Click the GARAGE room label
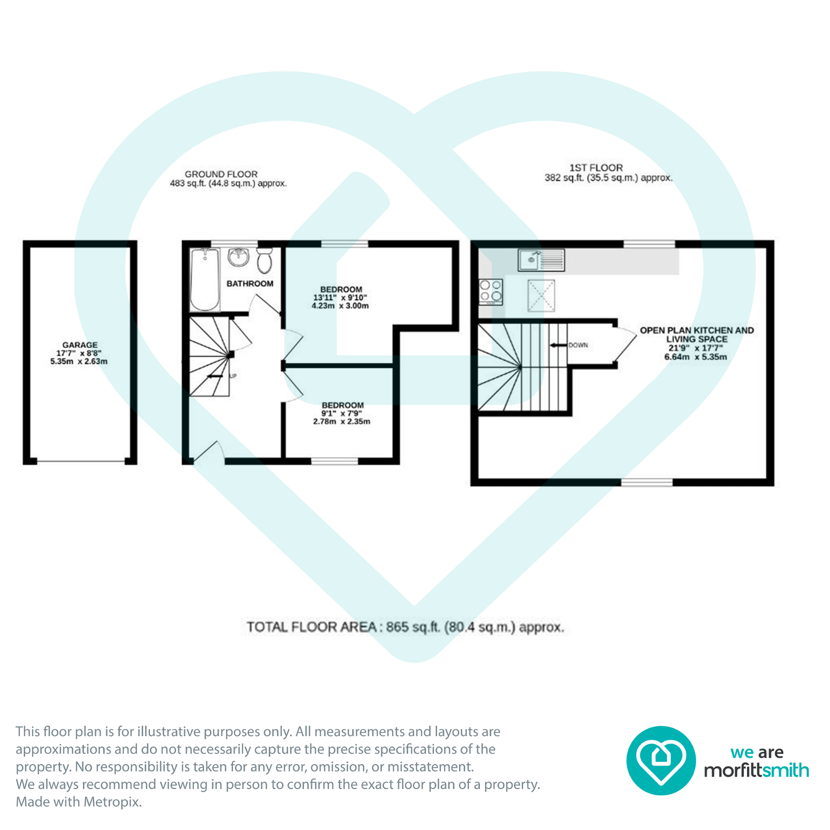[79, 345]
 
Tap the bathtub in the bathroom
[205, 280]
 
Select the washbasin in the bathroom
[239, 257]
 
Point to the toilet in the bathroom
[265, 260]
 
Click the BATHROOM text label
[250, 284]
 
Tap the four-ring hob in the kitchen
[491, 291]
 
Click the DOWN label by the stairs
[578, 345]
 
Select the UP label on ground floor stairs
[233, 376]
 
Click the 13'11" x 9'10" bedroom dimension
[340, 298]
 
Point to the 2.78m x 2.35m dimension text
[341, 422]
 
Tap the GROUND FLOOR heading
[221, 174]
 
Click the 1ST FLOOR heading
[596, 168]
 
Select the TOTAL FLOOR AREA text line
[405, 627]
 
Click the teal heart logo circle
[660, 760]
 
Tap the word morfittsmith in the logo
[756, 770]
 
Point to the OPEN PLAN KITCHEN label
[697, 330]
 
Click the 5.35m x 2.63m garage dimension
[79, 362]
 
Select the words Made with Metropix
[78, 802]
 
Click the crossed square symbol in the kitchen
[541, 296]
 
